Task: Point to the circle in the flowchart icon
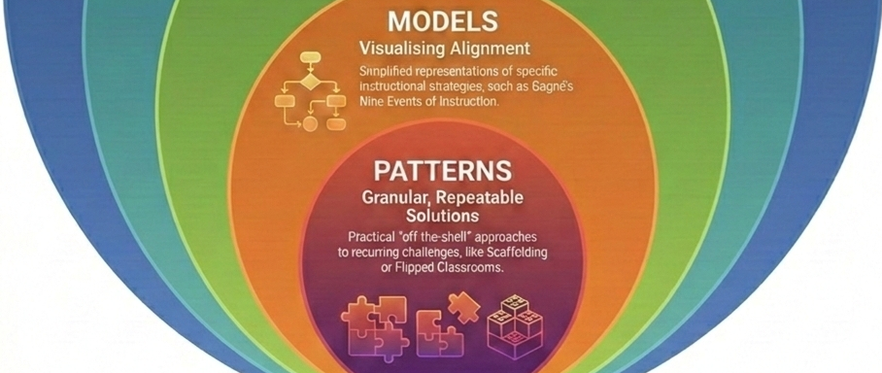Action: point(310,124)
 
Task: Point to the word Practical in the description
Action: point(375,236)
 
